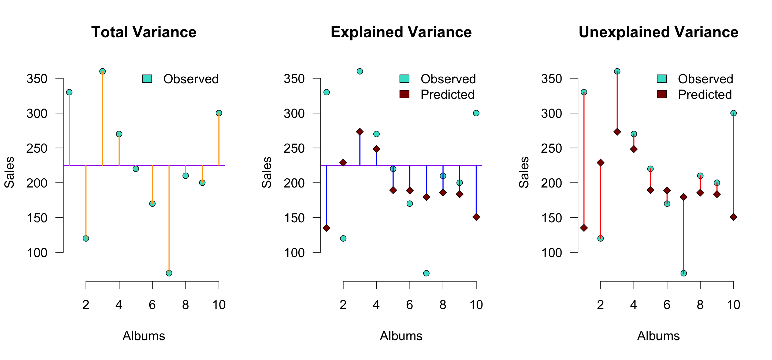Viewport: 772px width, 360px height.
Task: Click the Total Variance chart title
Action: point(144,32)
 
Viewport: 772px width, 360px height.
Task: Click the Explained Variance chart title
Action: point(401,32)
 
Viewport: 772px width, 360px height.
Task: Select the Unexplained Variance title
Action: point(658,32)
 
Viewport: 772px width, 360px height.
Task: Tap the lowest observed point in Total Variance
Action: point(169,273)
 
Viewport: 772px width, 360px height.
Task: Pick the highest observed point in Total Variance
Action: point(102,71)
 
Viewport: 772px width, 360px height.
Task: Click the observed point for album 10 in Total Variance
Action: point(219,113)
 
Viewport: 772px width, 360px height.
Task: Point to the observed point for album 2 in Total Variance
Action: point(86,238)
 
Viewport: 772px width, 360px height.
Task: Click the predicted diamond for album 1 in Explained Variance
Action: point(327,228)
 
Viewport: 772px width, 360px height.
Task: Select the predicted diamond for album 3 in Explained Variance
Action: point(360,132)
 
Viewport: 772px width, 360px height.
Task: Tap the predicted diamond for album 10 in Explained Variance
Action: point(476,217)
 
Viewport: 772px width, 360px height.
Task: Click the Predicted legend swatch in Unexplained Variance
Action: point(662,94)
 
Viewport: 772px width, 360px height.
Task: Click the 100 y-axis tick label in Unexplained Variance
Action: point(551,253)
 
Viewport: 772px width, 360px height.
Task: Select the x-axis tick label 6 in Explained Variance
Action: point(410,305)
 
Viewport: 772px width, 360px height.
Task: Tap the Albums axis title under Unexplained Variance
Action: point(658,336)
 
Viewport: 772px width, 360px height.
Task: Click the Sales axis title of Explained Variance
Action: point(266,172)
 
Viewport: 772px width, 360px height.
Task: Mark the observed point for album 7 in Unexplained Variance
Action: point(684,273)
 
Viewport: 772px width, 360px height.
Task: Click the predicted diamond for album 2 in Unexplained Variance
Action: point(600,163)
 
